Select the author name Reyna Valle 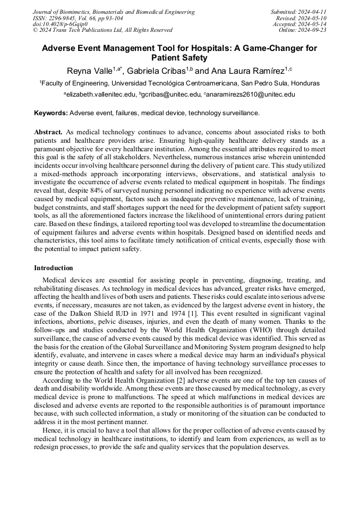[x=89, y=71]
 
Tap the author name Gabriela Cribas [x=156, y=71]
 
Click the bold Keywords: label [x=50, y=113]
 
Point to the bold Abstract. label [x=48, y=132]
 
